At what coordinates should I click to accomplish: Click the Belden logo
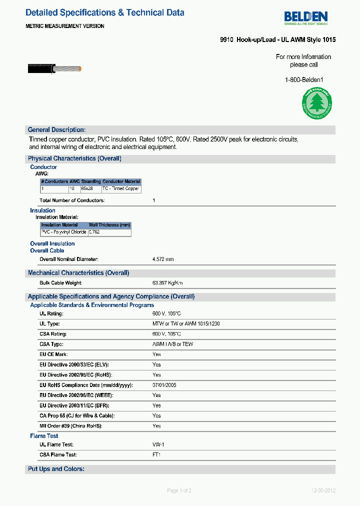click(305, 18)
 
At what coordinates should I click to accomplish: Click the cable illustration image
click(54, 69)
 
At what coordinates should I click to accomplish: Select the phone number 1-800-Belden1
click(304, 79)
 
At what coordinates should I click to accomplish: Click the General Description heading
click(56, 129)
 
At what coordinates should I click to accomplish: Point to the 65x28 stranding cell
click(87, 189)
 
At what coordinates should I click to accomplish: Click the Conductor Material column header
click(121, 181)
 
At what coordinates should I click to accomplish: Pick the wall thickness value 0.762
click(94, 232)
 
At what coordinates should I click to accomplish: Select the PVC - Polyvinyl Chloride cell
click(64, 232)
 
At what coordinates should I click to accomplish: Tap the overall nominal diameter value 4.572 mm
click(163, 259)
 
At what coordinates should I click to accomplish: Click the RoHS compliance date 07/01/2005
click(164, 385)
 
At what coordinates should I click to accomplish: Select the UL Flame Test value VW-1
click(158, 444)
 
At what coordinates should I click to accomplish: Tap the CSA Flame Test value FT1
click(156, 455)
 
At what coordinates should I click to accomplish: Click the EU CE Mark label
click(53, 354)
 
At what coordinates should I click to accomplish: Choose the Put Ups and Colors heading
click(56, 469)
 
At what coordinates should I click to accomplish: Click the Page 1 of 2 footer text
click(179, 490)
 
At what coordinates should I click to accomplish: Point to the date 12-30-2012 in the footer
click(323, 490)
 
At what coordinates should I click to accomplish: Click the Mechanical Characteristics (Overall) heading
click(78, 273)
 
